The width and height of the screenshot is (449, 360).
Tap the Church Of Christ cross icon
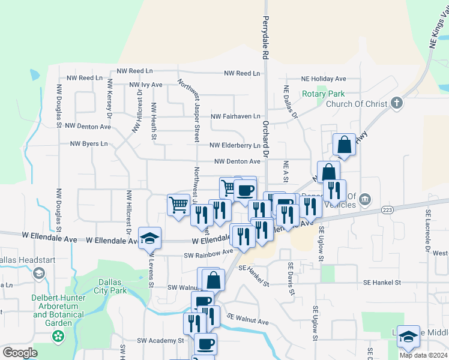[x=396, y=103]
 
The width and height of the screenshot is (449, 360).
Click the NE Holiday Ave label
[x=324, y=79]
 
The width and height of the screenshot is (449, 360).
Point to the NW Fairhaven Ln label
[x=236, y=116]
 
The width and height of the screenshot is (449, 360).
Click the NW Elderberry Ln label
[x=235, y=145]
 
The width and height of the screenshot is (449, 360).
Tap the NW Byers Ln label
[x=89, y=143]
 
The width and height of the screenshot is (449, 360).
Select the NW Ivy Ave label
[x=146, y=85]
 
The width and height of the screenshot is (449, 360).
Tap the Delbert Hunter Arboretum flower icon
[x=59, y=337]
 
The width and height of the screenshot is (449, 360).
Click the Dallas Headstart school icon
[x=39, y=275]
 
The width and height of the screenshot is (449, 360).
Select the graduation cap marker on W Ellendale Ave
[x=149, y=238]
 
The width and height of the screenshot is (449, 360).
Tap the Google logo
[x=20, y=352]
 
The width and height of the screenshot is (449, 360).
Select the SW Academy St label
[x=160, y=340]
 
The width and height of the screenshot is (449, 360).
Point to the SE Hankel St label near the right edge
[x=385, y=282]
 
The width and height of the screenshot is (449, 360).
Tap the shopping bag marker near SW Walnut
[x=213, y=280]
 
